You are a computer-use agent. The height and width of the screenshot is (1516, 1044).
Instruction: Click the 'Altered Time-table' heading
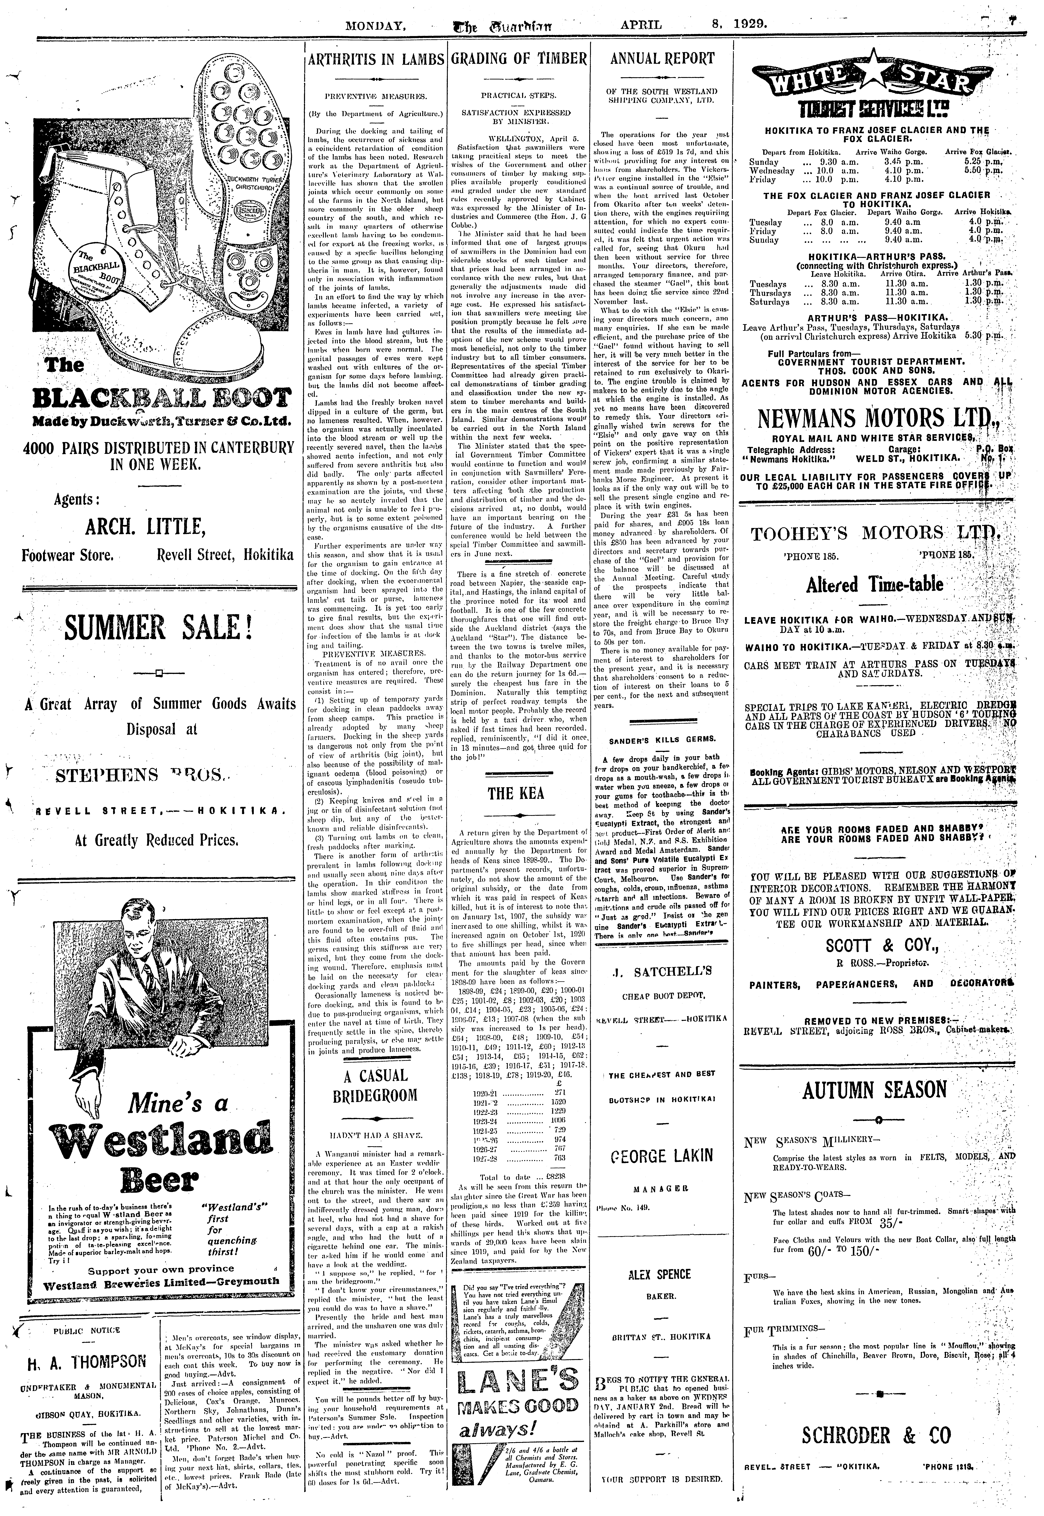coord(878,584)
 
